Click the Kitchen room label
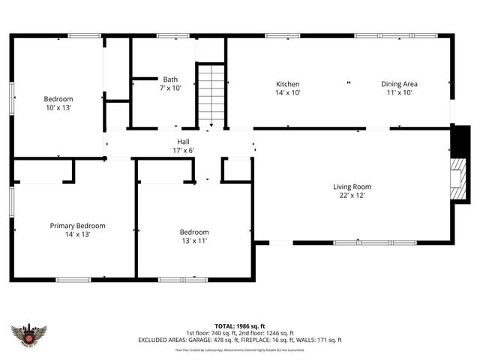(287, 84)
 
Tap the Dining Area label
(399, 84)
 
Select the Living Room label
(352, 187)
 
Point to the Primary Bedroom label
(77, 225)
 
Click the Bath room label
(170, 79)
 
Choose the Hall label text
(183, 141)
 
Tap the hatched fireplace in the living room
(454, 175)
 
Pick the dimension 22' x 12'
(352, 196)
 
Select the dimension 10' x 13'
(58, 108)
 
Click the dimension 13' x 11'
(193, 241)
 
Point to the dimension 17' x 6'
(183, 150)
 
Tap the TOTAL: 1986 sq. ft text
(240, 326)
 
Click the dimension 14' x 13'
(77, 234)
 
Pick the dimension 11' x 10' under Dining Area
(399, 93)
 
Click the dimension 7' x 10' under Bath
(170, 88)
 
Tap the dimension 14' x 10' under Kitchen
(287, 93)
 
